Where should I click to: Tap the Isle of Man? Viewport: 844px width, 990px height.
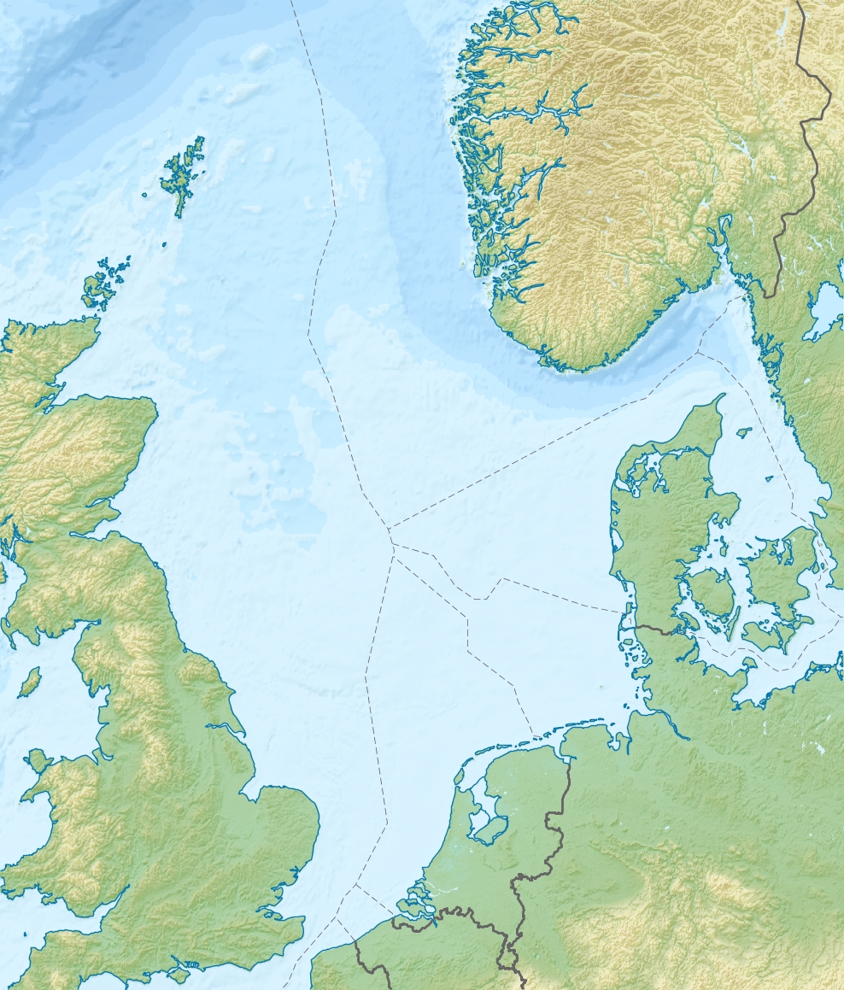click(x=30, y=681)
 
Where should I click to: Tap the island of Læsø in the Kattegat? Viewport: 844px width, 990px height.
click(x=744, y=432)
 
